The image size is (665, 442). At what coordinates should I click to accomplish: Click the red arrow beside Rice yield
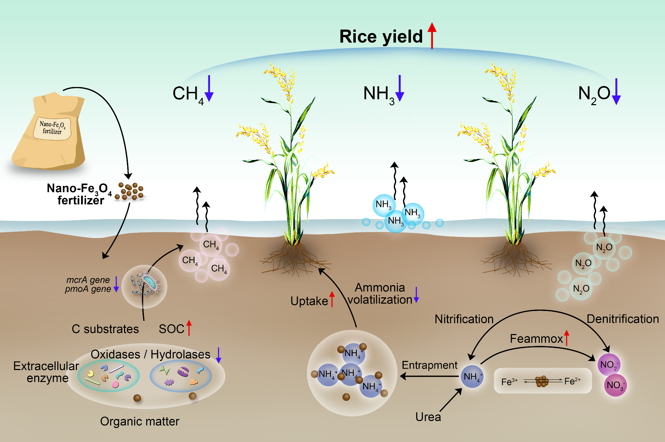[x=432, y=36]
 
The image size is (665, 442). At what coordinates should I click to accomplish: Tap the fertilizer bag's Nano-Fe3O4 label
[x=52, y=128]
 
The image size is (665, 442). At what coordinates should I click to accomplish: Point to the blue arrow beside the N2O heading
[x=616, y=91]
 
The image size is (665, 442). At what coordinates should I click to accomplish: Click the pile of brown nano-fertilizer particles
[x=130, y=191]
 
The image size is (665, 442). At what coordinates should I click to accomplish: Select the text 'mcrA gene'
[x=88, y=280]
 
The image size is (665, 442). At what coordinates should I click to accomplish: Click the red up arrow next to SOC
[x=189, y=328]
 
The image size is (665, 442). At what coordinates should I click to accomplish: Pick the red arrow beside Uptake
[x=332, y=299]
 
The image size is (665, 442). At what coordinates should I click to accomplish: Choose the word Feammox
[x=536, y=339]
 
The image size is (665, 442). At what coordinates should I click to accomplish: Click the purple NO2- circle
[x=609, y=365]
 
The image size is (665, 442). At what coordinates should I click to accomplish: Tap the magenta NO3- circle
[x=615, y=385]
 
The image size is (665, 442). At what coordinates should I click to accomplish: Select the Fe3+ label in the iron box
[x=509, y=382]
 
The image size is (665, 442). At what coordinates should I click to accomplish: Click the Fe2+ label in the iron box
[x=572, y=381]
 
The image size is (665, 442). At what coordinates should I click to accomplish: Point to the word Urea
[x=428, y=417]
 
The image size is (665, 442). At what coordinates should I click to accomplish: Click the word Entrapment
[x=429, y=365]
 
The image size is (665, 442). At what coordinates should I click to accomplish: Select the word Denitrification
[x=622, y=319]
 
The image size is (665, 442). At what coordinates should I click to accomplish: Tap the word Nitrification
[x=464, y=319]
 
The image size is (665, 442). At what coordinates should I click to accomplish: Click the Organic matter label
[x=139, y=421]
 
